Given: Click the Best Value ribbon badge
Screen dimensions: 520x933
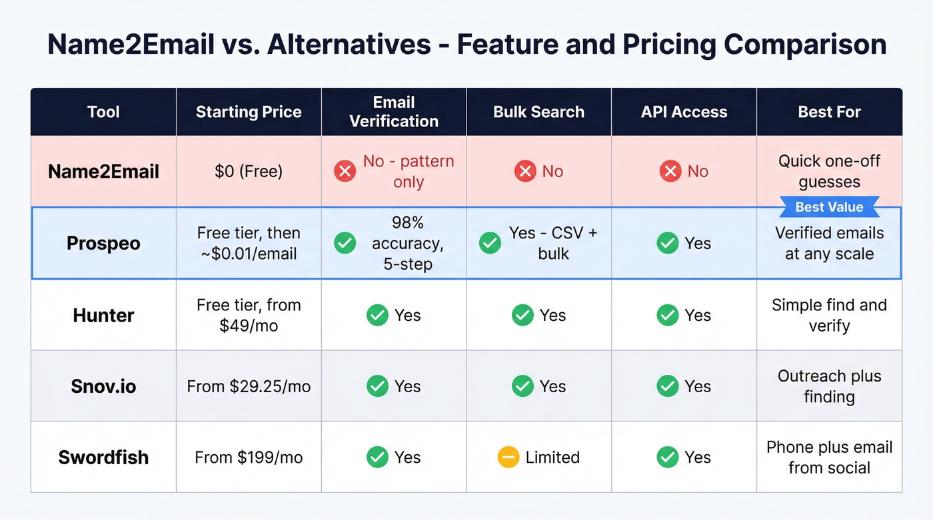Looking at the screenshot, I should pos(829,207).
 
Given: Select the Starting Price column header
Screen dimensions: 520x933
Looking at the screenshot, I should pos(249,112).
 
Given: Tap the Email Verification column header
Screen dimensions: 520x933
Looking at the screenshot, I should pos(394,112).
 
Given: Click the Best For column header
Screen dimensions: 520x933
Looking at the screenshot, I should pos(829,112).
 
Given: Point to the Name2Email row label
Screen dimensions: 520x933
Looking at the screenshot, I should pos(103,172).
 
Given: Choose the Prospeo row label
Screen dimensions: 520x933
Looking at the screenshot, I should pos(103,243).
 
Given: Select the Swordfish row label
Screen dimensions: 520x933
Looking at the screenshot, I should pos(103,457).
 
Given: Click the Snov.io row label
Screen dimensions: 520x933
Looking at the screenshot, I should pos(103,386).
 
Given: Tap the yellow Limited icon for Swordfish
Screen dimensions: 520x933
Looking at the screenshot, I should pos(508,457).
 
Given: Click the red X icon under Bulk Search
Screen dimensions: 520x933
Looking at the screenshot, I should pos(525,172).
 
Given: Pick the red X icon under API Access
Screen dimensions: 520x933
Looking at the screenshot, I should pos(670,172).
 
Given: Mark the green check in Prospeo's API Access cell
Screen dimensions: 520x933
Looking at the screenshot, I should pos(668,243).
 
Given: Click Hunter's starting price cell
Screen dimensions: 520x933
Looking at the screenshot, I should pos(249,315).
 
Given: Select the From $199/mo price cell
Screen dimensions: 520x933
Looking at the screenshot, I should pos(249,457).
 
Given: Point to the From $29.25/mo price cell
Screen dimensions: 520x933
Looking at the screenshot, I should pos(249,386).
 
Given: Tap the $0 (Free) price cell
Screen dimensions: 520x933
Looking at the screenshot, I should pos(249,172).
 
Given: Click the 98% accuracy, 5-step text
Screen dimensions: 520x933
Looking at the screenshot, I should pos(408,243).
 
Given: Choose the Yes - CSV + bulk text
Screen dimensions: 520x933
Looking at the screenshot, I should pos(553,243).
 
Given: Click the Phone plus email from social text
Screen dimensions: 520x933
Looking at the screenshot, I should pos(829,457).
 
